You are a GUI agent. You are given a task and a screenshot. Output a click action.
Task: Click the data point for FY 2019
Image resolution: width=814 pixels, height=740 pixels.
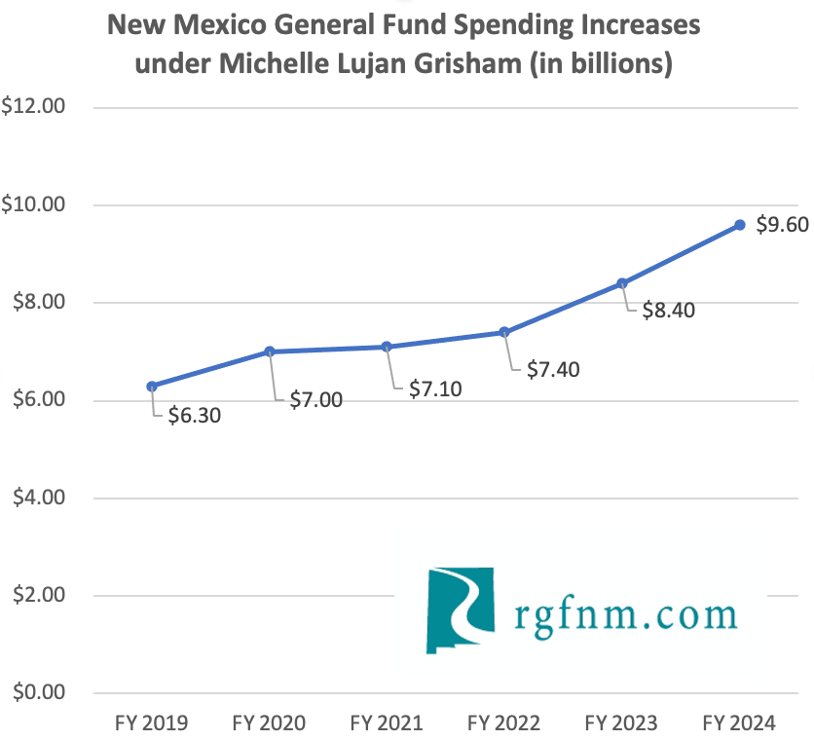(x=152, y=387)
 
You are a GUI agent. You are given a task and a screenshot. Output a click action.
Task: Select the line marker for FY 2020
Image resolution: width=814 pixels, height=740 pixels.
(x=270, y=351)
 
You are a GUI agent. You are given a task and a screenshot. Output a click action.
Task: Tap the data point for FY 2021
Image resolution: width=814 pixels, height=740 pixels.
(x=388, y=347)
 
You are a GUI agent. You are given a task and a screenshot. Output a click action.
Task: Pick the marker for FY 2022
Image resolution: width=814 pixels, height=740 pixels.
(x=504, y=332)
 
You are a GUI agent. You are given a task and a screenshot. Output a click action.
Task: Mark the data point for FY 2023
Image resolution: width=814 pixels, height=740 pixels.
(x=622, y=283)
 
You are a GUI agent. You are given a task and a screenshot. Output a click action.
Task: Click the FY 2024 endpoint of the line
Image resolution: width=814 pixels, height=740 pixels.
(x=740, y=225)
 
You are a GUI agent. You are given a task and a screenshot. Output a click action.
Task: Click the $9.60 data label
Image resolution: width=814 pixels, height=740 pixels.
(x=783, y=226)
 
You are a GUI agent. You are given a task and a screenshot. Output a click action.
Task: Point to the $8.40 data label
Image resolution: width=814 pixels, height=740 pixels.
(x=668, y=311)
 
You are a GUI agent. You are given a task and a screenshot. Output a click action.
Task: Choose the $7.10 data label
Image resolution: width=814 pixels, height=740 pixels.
(x=433, y=389)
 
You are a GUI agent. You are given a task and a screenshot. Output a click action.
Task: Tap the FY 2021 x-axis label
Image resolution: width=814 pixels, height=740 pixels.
(x=388, y=723)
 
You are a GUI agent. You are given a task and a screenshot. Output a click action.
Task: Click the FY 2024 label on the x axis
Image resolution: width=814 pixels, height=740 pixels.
(x=740, y=723)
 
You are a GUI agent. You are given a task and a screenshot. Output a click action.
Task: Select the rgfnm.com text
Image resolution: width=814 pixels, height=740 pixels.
(x=624, y=614)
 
